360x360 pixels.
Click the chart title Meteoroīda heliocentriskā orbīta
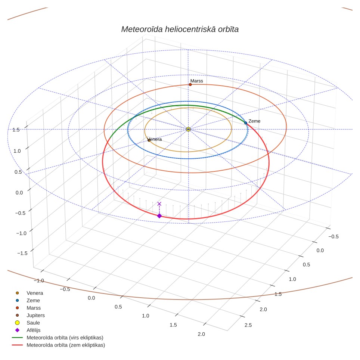[x=180, y=29]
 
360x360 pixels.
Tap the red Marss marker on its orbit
[x=190, y=85]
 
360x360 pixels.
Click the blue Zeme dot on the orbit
[x=246, y=123]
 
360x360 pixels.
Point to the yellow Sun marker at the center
[x=188, y=129]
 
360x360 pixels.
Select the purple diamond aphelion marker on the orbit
[x=159, y=216]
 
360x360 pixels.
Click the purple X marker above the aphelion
[x=159, y=204]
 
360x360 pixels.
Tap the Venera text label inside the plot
[x=155, y=139]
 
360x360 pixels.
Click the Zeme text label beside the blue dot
[x=254, y=121]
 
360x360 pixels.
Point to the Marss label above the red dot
[x=197, y=81]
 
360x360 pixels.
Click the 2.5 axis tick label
[x=248, y=325]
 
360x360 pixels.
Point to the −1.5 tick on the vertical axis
[x=22, y=253]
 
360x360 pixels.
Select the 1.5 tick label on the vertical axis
[x=16, y=130]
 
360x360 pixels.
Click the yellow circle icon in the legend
[x=17, y=323]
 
